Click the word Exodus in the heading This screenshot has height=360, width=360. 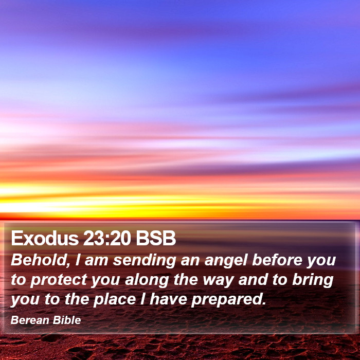tap(45, 238)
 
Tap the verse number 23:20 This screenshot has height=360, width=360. tap(107, 238)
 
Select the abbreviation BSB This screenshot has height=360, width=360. tap(156, 238)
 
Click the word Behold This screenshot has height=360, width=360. tap(41, 260)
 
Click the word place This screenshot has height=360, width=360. tap(115, 300)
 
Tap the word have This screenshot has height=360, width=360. tap(168, 299)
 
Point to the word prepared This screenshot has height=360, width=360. tap(226, 300)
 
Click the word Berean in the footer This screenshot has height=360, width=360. tap(30, 320)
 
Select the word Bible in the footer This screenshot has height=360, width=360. tap(67, 320)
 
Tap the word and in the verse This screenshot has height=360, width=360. tap(253, 279)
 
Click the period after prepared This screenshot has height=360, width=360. tap(264, 303)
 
